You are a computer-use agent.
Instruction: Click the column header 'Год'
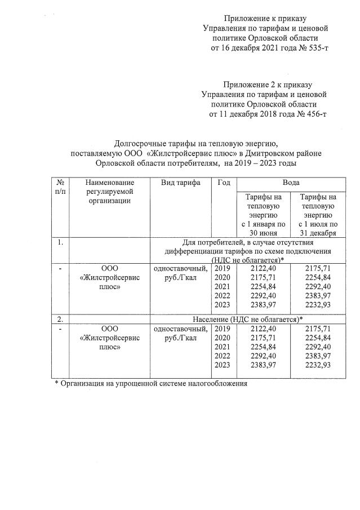(x=223, y=183)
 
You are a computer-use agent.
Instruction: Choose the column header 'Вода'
(x=291, y=183)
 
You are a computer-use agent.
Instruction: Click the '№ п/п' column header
(x=60, y=188)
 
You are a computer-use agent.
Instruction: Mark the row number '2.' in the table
(x=60, y=320)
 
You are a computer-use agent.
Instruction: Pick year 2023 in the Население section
(x=223, y=365)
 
